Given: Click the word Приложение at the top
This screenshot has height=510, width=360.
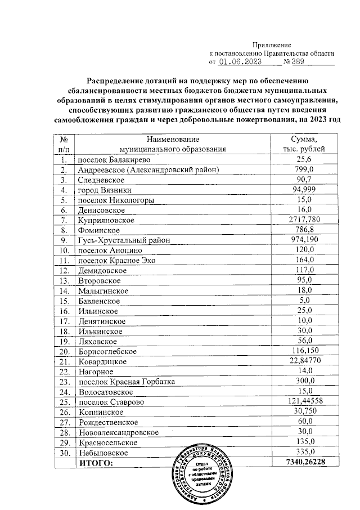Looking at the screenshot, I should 271,44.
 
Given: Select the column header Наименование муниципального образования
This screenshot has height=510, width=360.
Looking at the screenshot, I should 173,144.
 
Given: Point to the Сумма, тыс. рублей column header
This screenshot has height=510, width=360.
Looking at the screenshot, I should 303,144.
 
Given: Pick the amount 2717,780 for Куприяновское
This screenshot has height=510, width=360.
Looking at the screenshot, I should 303,220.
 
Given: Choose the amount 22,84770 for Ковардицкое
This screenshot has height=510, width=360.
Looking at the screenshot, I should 303,361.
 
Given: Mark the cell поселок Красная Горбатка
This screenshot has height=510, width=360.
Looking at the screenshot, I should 127,382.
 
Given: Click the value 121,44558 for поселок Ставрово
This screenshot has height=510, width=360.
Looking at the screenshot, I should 303,402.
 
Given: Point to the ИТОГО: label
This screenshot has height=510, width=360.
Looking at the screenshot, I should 96,463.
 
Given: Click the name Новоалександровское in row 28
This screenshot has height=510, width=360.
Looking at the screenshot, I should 118,432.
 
